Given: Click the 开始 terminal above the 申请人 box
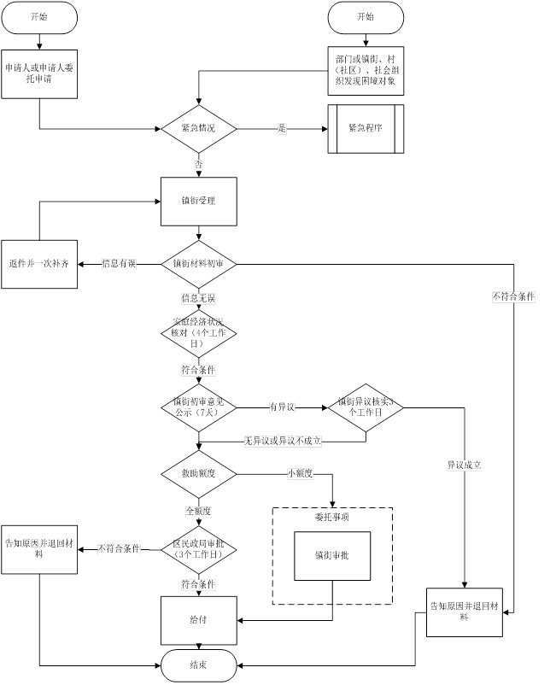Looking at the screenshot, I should click(x=39, y=17).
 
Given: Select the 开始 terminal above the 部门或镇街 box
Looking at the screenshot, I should click(x=366, y=17).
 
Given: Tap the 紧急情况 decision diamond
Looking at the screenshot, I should click(x=198, y=129).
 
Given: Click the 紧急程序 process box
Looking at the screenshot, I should click(x=366, y=129).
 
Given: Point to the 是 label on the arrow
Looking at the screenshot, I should click(x=281, y=129).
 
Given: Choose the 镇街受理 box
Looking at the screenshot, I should click(x=198, y=202).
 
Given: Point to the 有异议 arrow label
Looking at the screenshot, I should click(x=281, y=407).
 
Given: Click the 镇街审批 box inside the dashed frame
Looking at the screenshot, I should click(x=332, y=554).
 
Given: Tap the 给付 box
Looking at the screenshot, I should click(x=198, y=619).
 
